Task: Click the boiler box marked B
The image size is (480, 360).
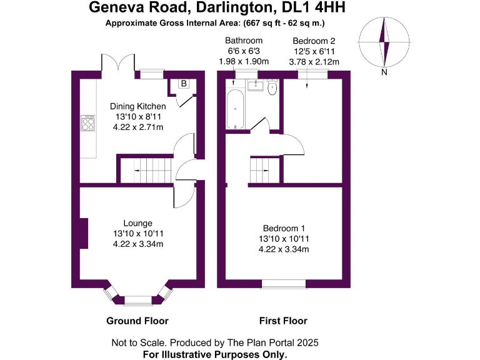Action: point(184,84)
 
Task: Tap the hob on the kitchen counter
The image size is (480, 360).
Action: point(87,123)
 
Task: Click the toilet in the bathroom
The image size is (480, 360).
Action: point(272,89)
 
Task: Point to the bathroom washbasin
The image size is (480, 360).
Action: point(254,85)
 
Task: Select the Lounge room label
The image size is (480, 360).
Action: point(138,223)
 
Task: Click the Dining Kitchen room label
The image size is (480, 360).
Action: point(138,106)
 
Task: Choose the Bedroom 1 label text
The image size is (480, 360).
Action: point(284,228)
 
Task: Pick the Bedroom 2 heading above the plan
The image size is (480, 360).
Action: point(314,41)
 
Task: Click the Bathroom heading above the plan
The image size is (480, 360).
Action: point(244,41)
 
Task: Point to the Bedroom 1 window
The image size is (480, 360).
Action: point(284,284)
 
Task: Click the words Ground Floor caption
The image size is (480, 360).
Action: point(137,321)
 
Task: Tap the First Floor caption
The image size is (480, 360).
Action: point(284,321)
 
